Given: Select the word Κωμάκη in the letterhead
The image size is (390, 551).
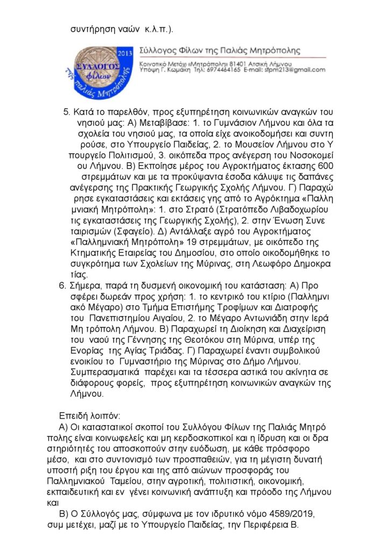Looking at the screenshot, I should [185, 70].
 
